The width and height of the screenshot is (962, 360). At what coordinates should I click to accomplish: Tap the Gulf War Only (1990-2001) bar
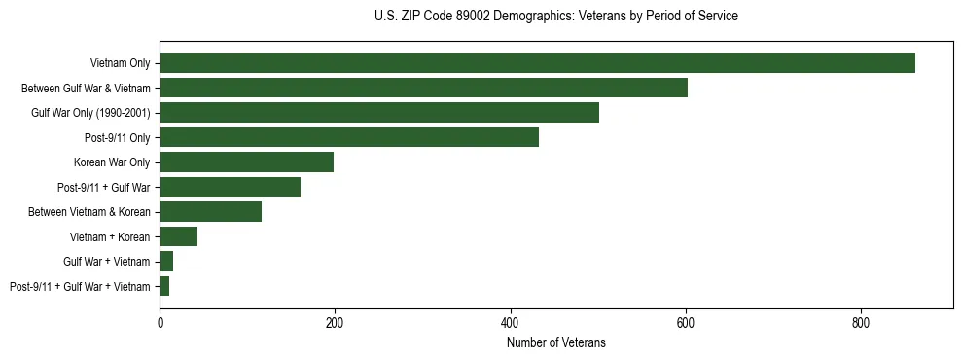click(x=379, y=113)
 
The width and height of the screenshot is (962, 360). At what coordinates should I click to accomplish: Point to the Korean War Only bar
click(x=247, y=162)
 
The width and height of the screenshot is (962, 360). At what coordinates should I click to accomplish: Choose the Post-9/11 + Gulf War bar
click(x=231, y=187)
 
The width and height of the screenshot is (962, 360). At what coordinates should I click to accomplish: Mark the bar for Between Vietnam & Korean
click(x=211, y=212)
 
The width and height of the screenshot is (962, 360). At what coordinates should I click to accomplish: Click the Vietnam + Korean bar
click(x=179, y=236)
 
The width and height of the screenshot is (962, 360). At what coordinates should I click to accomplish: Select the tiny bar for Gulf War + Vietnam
click(x=166, y=262)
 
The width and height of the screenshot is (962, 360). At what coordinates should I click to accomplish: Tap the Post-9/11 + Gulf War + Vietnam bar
click(x=164, y=286)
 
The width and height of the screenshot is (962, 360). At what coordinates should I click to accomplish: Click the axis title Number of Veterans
click(x=555, y=342)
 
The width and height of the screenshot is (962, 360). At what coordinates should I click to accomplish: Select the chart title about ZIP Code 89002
click(x=555, y=17)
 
